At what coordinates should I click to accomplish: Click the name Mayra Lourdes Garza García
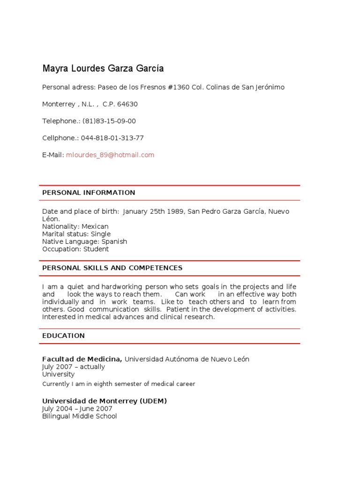103,69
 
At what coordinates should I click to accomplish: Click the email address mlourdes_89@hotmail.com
110,155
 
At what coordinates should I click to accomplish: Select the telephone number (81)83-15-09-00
109,121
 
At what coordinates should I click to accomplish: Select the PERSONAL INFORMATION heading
89,193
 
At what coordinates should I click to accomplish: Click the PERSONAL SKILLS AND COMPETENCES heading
112,268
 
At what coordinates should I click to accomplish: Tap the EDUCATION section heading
63,336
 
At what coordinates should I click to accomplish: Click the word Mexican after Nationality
95,226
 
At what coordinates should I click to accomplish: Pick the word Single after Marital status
101,234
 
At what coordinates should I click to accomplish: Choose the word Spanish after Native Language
111,241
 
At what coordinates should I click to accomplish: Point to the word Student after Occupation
96,249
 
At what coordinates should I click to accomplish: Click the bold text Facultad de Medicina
82,359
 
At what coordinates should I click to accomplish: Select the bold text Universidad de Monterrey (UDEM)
105,401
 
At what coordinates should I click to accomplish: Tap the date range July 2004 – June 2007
77,409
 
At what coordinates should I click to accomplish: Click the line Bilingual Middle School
79,416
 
